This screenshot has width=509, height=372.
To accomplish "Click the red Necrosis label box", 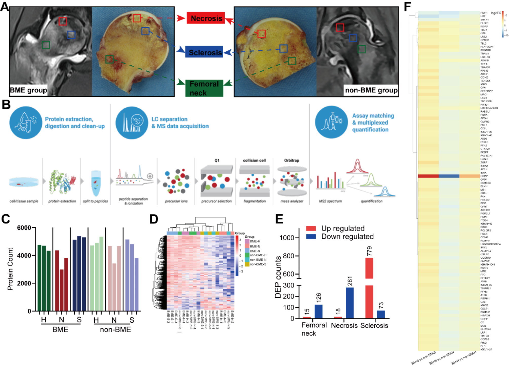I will (206, 18).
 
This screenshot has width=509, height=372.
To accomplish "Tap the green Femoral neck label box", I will (204, 88).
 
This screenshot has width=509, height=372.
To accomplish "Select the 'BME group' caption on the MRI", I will (28, 90).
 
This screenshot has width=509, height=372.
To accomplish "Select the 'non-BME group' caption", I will (371, 90).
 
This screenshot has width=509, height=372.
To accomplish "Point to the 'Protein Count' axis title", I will (10, 269).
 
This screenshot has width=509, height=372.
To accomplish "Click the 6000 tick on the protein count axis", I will (24, 228).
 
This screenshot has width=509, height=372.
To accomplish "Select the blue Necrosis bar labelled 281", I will (350, 303).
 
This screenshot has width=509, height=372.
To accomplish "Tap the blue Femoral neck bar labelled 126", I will (318, 311).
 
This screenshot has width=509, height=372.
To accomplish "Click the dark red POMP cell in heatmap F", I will (428, 176).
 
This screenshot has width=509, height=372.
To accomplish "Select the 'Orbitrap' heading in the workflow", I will (292, 160).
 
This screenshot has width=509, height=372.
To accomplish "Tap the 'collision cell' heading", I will (254, 160).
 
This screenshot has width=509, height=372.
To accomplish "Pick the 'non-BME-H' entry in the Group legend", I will (258, 255).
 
